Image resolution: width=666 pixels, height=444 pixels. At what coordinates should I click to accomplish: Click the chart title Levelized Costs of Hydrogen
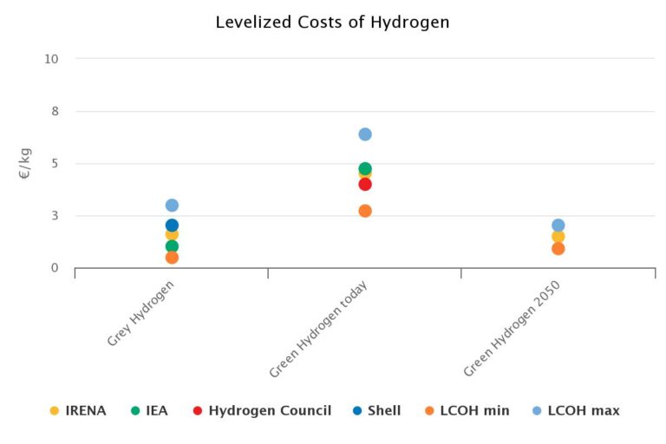pyautogui.click(x=332, y=22)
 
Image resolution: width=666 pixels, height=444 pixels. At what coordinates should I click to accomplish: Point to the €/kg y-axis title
pyautogui.click(x=25, y=163)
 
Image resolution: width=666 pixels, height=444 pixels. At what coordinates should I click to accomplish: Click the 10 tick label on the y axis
pyautogui.click(x=51, y=59)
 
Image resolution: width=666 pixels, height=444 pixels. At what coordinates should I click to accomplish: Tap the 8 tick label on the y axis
pyautogui.click(x=54, y=111)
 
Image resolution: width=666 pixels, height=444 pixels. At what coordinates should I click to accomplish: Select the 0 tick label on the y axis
pyautogui.click(x=54, y=268)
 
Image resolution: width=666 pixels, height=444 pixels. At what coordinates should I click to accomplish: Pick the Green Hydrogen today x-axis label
pyautogui.click(x=319, y=330)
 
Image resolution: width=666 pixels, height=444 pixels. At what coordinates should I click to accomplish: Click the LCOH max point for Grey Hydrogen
pyautogui.click(x=172, y=206)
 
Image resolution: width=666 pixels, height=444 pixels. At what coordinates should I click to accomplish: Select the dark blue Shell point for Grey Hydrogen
pyautogui.click(x=172, y=225)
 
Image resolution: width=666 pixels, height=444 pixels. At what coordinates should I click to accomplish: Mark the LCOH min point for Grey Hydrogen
pyautogui.click(x=172, y=258)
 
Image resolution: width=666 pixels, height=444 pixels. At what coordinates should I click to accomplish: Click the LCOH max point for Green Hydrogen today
pyautogui.click(x=365, y=134)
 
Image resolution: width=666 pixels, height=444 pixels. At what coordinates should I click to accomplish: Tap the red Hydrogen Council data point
pyautogui.click(x=365, y=184)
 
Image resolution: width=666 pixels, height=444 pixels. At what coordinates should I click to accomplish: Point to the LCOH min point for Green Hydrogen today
pyautogui.click(x=365, y=211)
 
